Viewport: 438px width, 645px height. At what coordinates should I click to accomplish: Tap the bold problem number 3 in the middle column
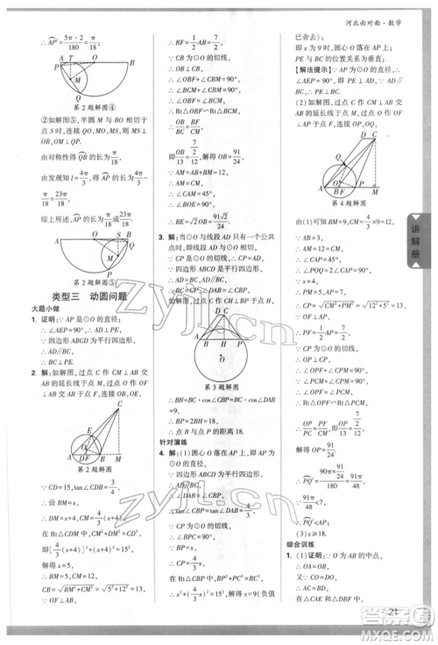(x=159, y=237)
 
